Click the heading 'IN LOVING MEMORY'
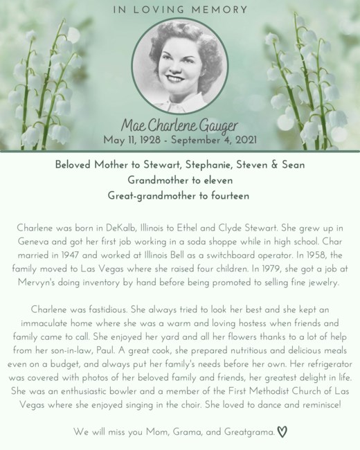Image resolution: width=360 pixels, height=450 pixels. (x=179, y=10)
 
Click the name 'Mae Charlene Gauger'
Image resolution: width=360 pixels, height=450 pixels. (x=180, y=125)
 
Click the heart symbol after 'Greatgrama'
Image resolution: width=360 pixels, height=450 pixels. (x=282, y=432)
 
